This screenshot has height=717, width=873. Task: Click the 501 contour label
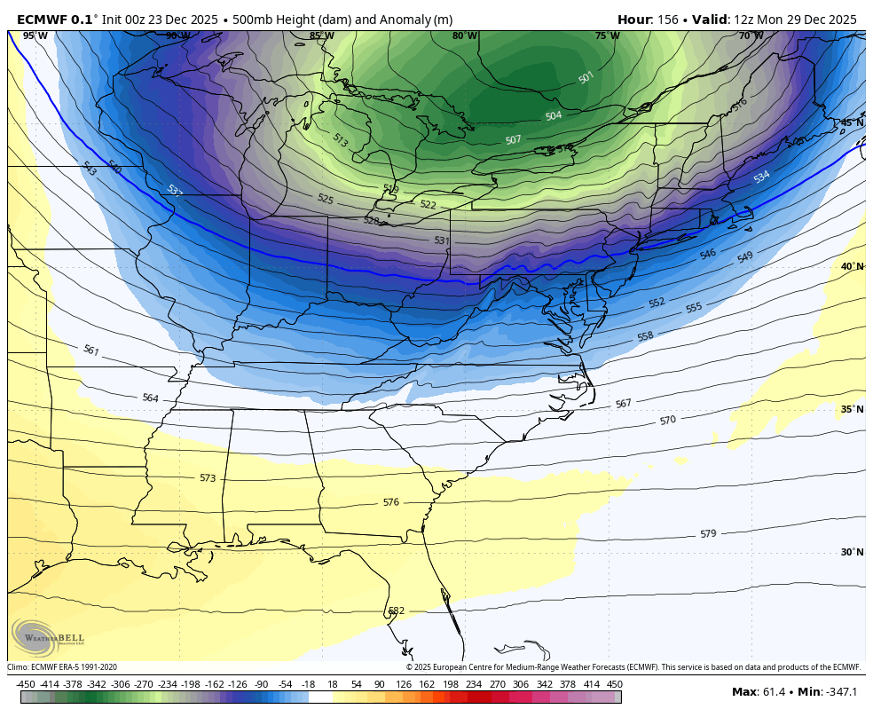[x=586, y=78]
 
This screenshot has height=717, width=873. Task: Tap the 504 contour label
[x=553, y=116]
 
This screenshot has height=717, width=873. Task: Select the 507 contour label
[x=513, y=139]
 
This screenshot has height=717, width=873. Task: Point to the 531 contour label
[x=442, y=240]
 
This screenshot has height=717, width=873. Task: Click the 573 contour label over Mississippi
[x=207, y=478]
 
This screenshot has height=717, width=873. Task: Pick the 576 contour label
[x=390, y=502]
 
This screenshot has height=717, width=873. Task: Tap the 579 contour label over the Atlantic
[x=707, y=534]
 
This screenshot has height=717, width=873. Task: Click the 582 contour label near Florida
[x=396, y=611]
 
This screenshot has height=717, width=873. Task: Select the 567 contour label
[x=623, y=404]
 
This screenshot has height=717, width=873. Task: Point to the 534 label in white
[x=761, y=177]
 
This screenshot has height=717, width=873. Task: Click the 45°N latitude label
[x=852, y=122]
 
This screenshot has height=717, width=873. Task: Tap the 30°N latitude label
[x=852, y=552]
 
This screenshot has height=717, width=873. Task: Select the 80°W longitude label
[x=464, y=36]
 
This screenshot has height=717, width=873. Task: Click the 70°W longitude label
[x=751, y=36]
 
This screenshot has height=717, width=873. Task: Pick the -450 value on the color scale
[x=26, y=684]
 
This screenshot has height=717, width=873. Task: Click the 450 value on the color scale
[x=614, y=684]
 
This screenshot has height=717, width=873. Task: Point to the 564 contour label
[x=150, y=398]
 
